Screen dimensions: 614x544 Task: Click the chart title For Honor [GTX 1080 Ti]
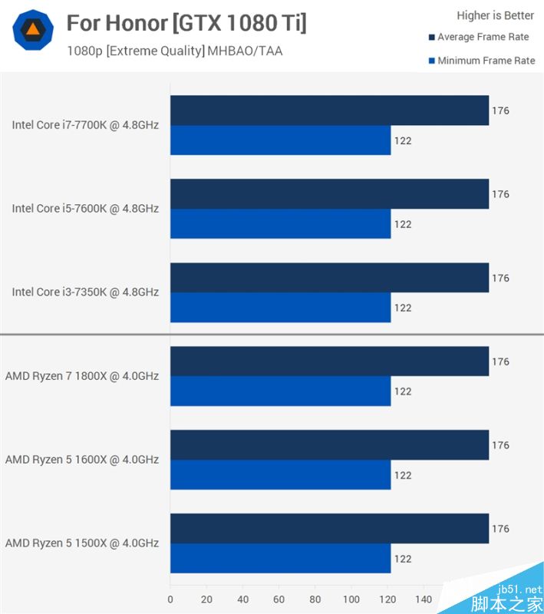tap(186, 23)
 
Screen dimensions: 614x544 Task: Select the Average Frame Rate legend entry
tap(480, 37)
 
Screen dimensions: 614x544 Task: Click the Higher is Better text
tap(495, 15)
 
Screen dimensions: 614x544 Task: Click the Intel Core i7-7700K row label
tap(85, 124)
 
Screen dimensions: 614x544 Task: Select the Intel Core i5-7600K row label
tap(85, 208)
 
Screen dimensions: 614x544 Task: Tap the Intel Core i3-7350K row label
tap(85, 292)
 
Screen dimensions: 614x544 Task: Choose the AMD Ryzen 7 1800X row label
tap(82, 376)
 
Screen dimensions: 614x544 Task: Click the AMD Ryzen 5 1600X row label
tap(82, 460)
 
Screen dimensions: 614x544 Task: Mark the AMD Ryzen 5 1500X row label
tap(82, 543)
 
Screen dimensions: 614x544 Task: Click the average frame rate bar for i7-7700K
tap(329, 111)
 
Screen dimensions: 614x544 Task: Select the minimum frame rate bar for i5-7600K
tap(280, 224)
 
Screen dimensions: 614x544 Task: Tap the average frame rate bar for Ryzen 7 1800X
tap(329, 361)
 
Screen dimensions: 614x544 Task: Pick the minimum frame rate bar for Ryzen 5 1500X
tap(280, 559)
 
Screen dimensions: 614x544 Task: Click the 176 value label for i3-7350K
tap(500, 278)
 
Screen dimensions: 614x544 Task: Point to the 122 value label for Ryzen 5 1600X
tap(403, 475)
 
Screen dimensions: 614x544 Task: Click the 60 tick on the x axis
tap(279, 599)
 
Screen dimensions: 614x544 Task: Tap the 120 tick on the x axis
tap(387, 599)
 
